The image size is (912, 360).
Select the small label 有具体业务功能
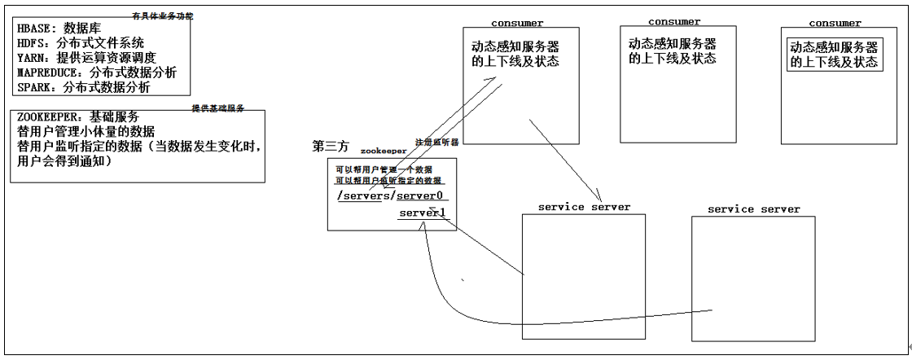pos(163,15)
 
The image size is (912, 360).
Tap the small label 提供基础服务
pos(218,108)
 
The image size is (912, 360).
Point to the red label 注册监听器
pos(437,142)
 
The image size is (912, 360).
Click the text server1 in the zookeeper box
pos(422,213)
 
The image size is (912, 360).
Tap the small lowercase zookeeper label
pos(383,151)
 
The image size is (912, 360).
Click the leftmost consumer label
pos(517,23)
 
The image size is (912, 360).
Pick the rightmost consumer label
pos(835,24)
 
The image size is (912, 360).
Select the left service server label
pos(584,208)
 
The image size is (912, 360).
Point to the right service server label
pos(753,210)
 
